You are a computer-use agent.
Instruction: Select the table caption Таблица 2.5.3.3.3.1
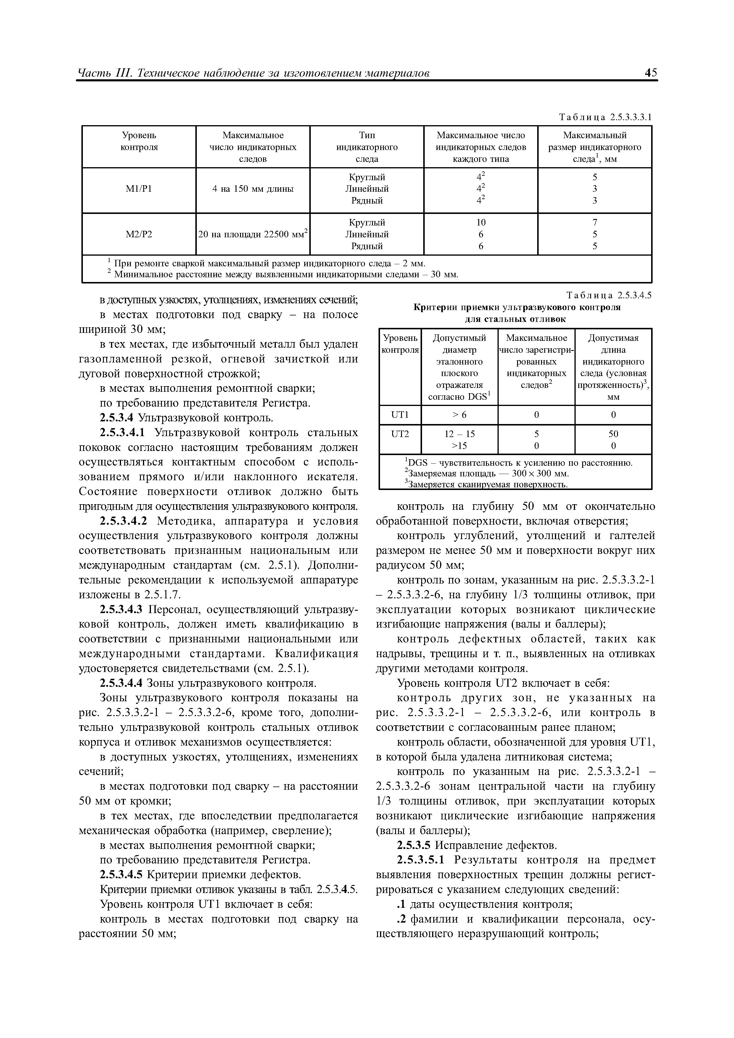point(605,117)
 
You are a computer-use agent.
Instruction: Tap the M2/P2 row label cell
point(139,234)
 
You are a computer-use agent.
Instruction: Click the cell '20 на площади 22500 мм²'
point(253,234)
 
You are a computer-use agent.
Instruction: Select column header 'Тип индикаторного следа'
point(367,147)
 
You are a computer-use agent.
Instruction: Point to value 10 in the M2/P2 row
point(481,223)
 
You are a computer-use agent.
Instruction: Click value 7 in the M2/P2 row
point(595,223)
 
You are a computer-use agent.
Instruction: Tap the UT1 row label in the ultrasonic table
point(400,415)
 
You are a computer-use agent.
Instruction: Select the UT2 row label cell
point(400,434)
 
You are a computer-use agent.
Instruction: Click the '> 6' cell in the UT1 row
point(459,415)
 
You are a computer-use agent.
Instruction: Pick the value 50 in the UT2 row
point(613,434)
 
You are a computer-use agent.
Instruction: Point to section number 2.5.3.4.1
point(122,433)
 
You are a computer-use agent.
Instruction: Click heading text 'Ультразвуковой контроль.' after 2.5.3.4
point(205,418)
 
